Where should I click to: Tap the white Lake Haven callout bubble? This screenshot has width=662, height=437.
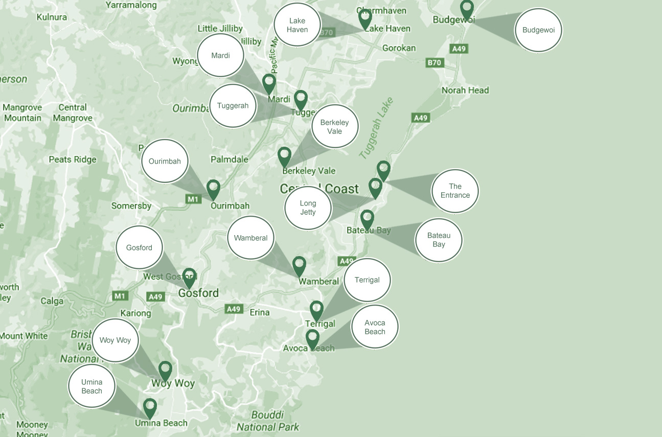[297, 25]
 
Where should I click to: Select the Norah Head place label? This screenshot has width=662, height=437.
[465, 90]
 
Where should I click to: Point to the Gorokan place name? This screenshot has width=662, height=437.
[399, 48]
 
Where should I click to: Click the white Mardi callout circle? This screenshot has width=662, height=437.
[220, 56]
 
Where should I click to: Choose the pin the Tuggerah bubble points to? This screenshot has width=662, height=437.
[301, 100]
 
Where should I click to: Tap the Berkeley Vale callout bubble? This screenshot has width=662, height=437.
[335, 127]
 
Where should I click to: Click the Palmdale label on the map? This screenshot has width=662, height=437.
[230, 159]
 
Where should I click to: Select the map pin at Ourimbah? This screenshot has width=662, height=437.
[213, 189]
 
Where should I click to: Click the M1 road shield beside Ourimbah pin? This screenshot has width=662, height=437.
[193, 199]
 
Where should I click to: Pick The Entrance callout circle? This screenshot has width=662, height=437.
[455, 191]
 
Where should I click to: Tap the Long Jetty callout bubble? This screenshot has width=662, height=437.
[308, 208]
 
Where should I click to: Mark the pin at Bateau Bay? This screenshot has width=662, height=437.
[367, 219]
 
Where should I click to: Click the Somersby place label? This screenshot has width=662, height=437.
[131, 206]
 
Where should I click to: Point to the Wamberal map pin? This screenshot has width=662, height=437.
[299, 266]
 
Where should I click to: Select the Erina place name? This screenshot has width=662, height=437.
[260, 312]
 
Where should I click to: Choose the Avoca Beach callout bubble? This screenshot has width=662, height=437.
[375, 327]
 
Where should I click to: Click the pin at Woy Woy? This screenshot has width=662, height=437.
[165, 371]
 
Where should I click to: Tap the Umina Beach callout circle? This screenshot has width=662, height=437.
[92, 386]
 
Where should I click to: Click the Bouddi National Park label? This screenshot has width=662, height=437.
[268, 421]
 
